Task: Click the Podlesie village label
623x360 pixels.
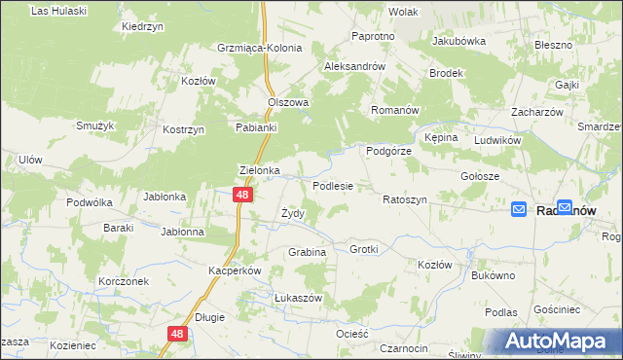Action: (x=332, y=185)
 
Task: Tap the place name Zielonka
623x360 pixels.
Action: (x=260, y=169)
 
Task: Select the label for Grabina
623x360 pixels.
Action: (x=306, y=252)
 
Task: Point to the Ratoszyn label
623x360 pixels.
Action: (x=405, y=198)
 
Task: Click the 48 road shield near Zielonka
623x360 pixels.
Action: (x=244, y=196)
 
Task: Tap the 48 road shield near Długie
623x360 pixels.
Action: (x=176, y=334)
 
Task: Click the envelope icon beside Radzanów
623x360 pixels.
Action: (x=520, y=209)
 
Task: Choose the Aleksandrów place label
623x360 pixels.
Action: (x=355, y=66)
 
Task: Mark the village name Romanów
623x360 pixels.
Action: (x=394, y=110)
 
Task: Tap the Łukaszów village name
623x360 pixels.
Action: (x=271, y=298)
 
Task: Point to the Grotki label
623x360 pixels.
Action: (x=363, y=249)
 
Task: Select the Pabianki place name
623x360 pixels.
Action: (x=257, y=127)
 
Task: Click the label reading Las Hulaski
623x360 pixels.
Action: (x=58, y=11)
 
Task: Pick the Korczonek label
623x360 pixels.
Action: (x=123, y=280)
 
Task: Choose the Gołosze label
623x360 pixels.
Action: (x=480, y=176)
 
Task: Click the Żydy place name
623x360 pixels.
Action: (x=293, y=213)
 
